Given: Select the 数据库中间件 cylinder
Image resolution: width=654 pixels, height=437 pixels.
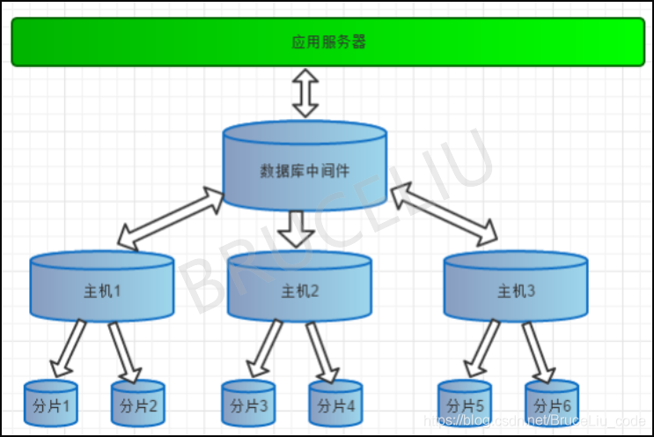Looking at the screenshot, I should (305, 167).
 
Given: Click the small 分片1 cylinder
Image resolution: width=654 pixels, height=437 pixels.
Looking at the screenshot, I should (50, 404).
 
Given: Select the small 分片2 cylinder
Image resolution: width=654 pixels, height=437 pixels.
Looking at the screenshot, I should (137, 404).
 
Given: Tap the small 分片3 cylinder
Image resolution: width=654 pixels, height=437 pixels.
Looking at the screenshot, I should (248, 404).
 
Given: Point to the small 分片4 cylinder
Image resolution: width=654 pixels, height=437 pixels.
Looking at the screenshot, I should (335, 404).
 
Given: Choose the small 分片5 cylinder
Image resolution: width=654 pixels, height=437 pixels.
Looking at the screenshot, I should (465, 404).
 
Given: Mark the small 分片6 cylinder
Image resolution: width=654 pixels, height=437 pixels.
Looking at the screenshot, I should (552, 404).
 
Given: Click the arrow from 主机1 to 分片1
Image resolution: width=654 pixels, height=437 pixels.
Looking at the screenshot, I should (68, 349).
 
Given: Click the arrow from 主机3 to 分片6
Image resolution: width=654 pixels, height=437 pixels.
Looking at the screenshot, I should (538, 351).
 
